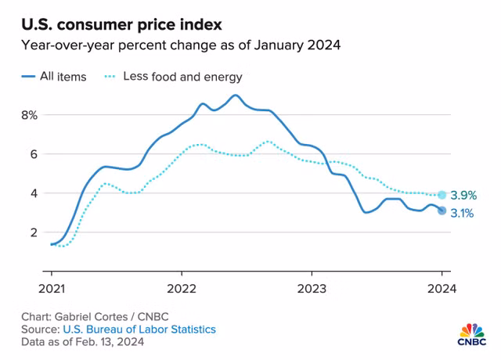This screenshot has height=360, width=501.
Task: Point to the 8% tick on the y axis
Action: pyautogui.click(x=29, y=115)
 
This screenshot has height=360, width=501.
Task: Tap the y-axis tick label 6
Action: pyautogui.click(x=33, y=154)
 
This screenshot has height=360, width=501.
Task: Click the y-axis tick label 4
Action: pyautogui.click(x=33, y=193)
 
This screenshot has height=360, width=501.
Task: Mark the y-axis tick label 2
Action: pyautogui.click(x=33, y=232)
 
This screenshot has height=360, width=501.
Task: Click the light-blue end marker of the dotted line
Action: pyautogui.click(x=442, y=195)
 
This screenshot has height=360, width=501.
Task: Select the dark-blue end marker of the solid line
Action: pyautogui.click(x=442, y=211)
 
